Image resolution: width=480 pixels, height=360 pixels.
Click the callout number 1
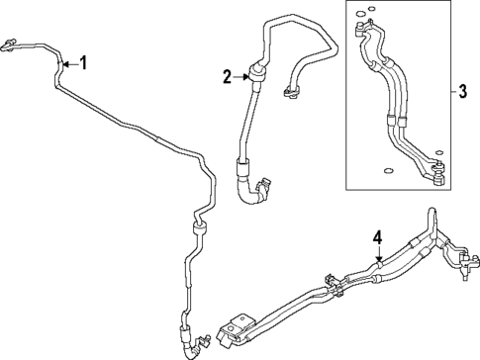(x=84, y=64)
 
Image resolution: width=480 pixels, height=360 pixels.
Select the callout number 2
(x=227, y=76)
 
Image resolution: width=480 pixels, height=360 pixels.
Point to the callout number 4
(x=377, y=237)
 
